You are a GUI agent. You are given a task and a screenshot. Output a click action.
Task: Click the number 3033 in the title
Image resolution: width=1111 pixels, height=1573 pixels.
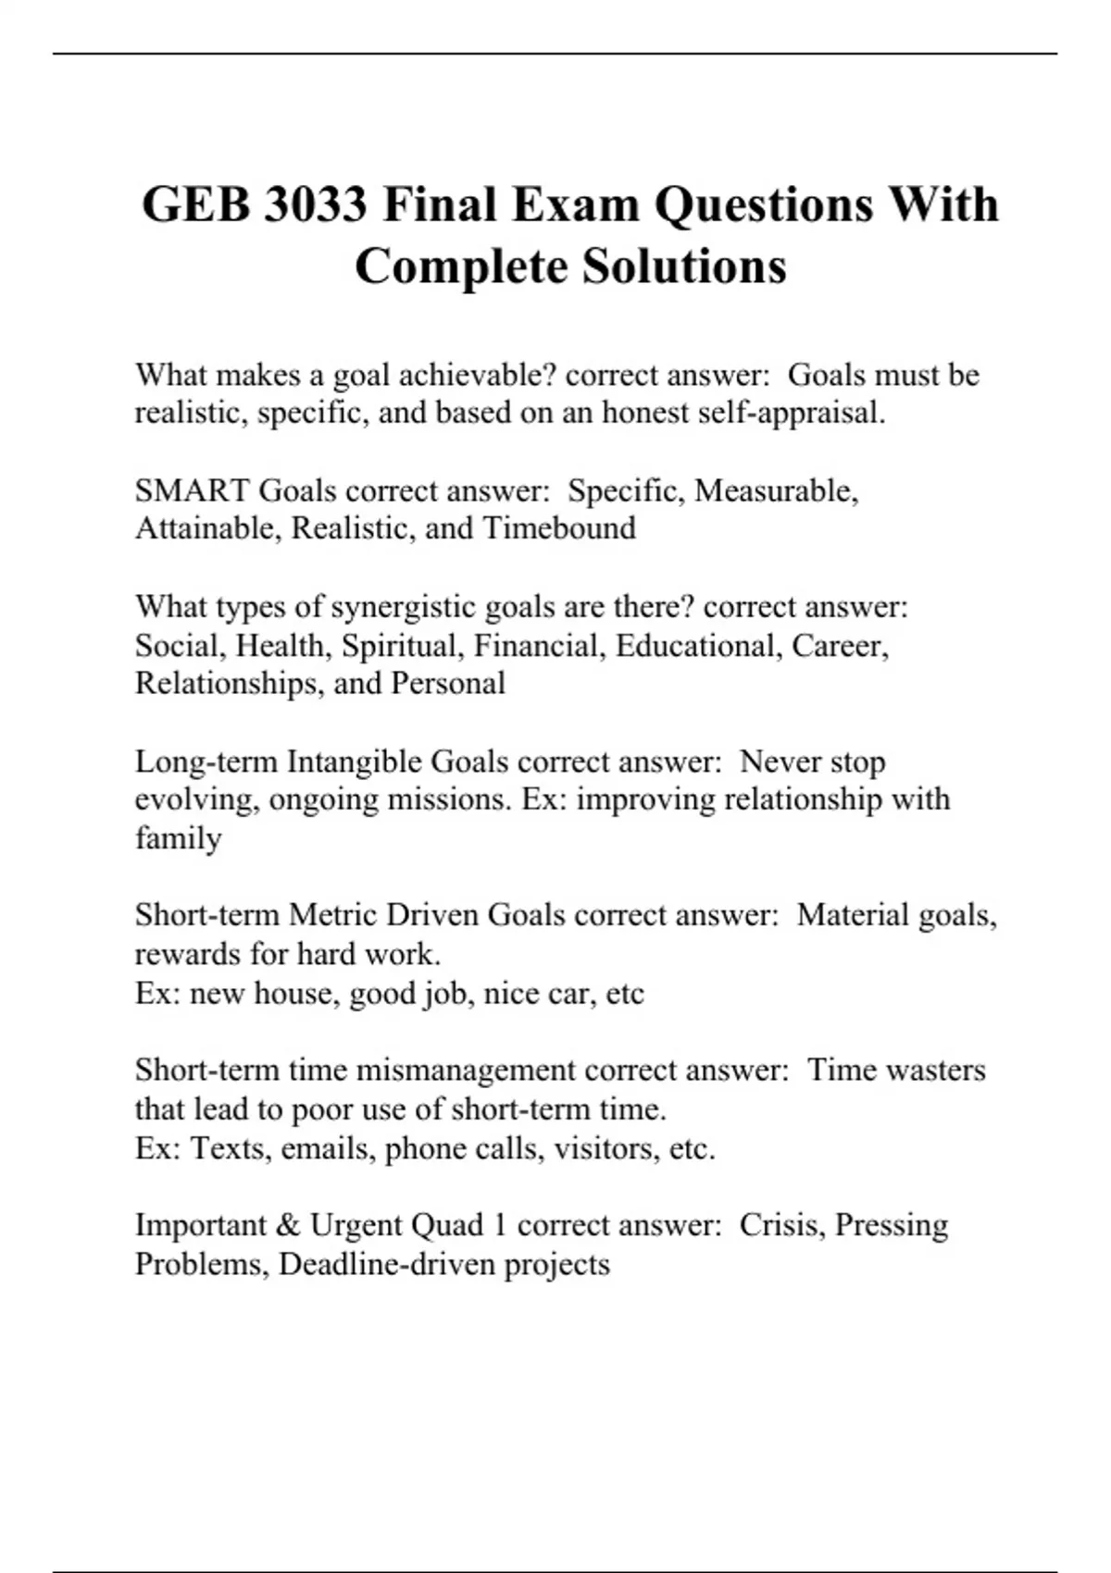(315, 204)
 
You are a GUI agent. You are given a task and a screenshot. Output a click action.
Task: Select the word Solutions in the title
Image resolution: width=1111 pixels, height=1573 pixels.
(684, 266)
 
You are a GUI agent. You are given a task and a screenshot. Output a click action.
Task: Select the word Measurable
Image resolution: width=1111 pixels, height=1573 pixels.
(776, 490)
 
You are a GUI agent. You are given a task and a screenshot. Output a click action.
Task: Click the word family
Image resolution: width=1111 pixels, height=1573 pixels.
(178, 838)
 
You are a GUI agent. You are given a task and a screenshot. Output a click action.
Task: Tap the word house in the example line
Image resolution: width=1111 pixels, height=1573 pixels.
(297, 994)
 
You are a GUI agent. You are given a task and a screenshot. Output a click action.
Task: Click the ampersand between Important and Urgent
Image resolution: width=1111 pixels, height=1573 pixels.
(288, 1225)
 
